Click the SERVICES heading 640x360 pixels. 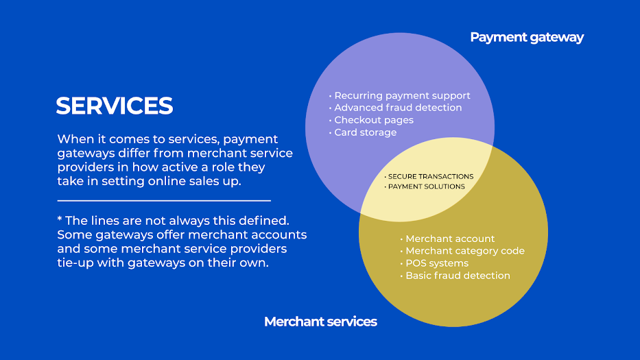114,106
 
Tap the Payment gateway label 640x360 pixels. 526,37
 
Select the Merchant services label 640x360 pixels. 320,322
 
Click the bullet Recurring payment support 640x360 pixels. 402,95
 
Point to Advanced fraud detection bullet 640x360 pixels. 398,108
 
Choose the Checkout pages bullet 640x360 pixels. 374,120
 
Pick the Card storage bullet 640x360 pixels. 365,132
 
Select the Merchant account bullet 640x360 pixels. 450,239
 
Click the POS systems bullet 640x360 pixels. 437,263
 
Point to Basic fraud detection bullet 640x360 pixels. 458,276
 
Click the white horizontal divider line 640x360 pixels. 164,201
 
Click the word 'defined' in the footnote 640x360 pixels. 265,221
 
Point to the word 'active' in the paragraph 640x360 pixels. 184,167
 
